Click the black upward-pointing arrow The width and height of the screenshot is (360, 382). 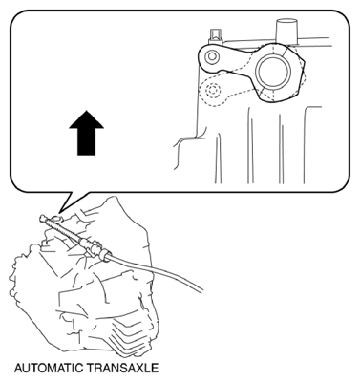pos(86,133)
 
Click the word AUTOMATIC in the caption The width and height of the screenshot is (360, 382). pos(49,368)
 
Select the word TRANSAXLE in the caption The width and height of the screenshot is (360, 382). pos(123,368)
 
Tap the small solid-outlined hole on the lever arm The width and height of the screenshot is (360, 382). pos(212,57)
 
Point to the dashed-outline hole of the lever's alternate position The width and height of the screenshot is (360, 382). pos(213,91)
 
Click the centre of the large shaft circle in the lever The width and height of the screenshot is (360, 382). pos(274,72)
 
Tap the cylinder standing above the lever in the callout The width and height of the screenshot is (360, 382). pos(286,31)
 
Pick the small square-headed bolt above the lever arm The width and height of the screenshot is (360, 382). pos(216,36)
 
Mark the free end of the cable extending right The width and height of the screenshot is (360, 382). pos(201,289)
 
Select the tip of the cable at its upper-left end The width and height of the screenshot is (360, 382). pos(42,219)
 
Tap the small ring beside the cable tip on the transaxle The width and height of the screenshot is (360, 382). pos(56,219)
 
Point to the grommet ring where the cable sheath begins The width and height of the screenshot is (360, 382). pos(105,256)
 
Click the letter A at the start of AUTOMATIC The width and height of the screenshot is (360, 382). pos(18,368)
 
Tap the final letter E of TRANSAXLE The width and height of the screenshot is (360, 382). pos(155,368)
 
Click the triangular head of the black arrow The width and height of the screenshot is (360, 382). pos(86,119)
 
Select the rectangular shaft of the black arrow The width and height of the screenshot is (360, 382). pos(86,142)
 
